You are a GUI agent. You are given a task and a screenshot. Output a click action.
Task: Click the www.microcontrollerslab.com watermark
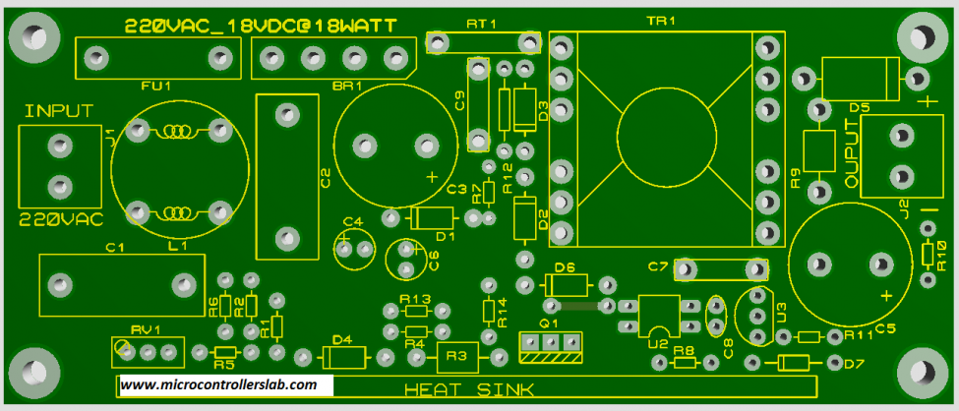click(219, 384)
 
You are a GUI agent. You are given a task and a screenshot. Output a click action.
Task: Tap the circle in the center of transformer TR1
click(666, 139)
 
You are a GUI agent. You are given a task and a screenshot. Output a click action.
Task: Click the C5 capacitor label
click(885, 327)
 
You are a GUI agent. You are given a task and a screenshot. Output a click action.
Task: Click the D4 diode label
click(341, 339)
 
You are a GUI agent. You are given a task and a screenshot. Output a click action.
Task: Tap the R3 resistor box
click(456, 356)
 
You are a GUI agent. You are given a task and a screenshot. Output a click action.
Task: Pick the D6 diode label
click(564, 267)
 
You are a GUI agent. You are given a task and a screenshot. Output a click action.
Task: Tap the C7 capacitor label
click(658, 266)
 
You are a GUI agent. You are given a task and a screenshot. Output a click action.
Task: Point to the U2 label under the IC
click(657, 344)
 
